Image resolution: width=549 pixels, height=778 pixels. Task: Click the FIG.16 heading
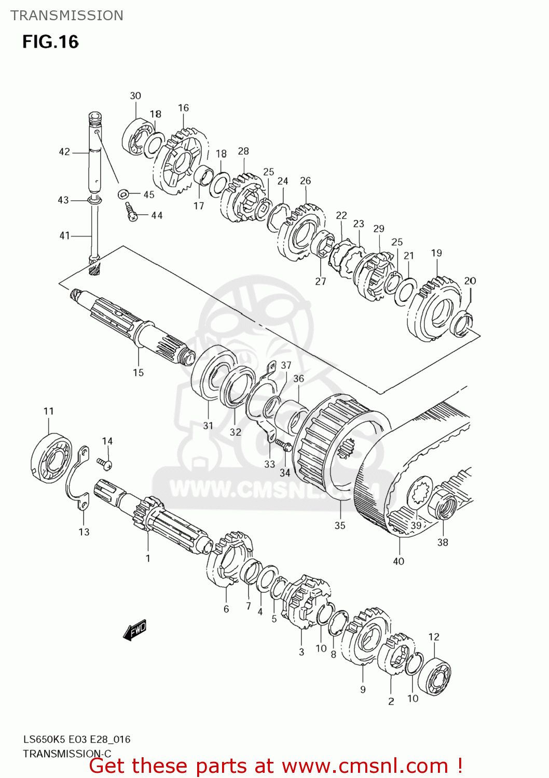50,42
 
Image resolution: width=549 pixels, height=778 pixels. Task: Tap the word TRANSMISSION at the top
67,16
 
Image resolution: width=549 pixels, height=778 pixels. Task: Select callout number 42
64,152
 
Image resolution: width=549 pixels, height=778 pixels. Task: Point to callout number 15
138,372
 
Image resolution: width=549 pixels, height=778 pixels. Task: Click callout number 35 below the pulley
340,525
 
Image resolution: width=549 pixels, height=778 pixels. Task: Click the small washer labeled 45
123,194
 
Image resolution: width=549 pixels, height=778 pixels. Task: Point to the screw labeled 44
131,213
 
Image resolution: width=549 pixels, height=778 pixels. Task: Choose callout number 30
135,96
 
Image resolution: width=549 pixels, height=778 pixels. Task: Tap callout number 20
470,281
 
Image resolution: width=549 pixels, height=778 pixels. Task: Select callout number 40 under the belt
399,561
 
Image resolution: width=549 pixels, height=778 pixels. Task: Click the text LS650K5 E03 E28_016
76,739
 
